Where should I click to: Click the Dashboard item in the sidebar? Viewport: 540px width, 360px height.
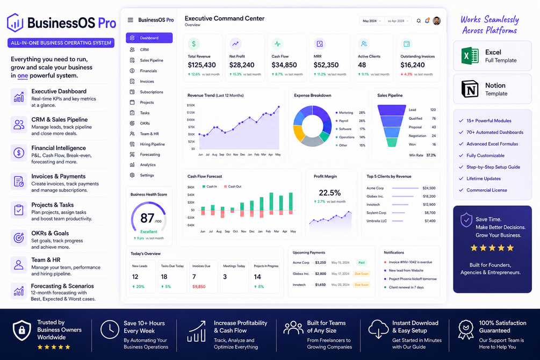(x=149, y=38)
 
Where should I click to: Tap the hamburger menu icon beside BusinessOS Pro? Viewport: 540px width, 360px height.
(x=130, y=20)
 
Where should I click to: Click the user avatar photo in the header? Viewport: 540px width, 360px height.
(x=437, y=20)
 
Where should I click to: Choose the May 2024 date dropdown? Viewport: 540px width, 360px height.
(x=372, y=21)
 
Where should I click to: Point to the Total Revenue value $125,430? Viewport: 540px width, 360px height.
(x=202, y=65)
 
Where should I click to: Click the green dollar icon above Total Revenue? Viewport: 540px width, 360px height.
(x=193, y=44)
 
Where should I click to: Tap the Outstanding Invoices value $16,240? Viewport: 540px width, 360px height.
(x=413, y=65)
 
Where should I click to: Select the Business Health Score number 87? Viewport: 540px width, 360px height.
(x=147, y=218)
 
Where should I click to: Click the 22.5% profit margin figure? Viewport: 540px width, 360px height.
(x=329, y=192)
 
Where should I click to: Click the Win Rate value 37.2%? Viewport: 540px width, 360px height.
(x=431, y=155)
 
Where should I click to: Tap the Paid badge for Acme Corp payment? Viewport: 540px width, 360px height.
(x=361, y=263)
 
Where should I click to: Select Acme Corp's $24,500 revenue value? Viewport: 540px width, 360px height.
(x=429, y=188)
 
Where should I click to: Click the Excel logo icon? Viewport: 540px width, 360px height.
(x=470, y=56)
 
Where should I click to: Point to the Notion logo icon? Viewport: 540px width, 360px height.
(x=470, y=89)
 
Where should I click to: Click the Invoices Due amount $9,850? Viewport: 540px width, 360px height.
(x=199, y=286)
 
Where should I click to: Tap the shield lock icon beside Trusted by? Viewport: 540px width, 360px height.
(x=21, y=330)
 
